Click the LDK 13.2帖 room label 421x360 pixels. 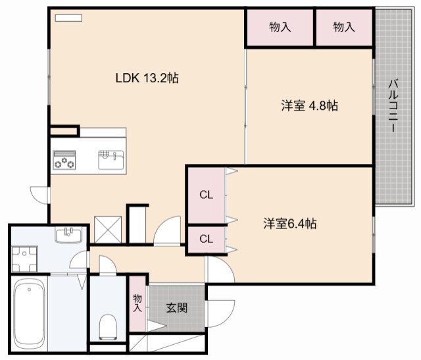[x=147, y=78]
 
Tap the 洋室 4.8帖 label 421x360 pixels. [x=310, y=105]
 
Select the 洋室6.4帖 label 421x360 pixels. [x=290, y=224]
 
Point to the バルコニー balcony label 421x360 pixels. [x=393, y=105]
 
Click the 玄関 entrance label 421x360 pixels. [x=177, y=307]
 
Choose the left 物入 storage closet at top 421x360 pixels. [x=280, y=27]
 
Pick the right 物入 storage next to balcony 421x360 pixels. [x=344, y=27]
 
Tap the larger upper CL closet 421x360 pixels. [x=206, y=195]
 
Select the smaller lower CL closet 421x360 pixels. [x=206, y=239]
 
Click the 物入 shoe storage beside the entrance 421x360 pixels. [x=137, y=303]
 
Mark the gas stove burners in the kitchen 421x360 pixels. [x=64, y=160]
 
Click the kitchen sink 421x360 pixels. [x=111, y=160]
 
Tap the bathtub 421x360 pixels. [x=29, y=313]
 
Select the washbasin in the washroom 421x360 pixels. [x=68, y=234]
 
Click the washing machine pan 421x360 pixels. [x=24, y=259]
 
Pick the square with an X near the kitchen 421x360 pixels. [x=108, y=230]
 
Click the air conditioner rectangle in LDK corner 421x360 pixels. [x=68, y=18]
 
